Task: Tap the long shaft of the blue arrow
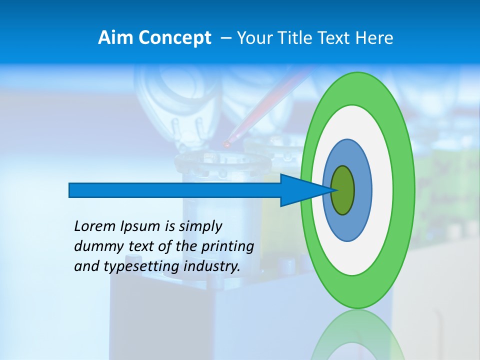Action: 175,190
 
